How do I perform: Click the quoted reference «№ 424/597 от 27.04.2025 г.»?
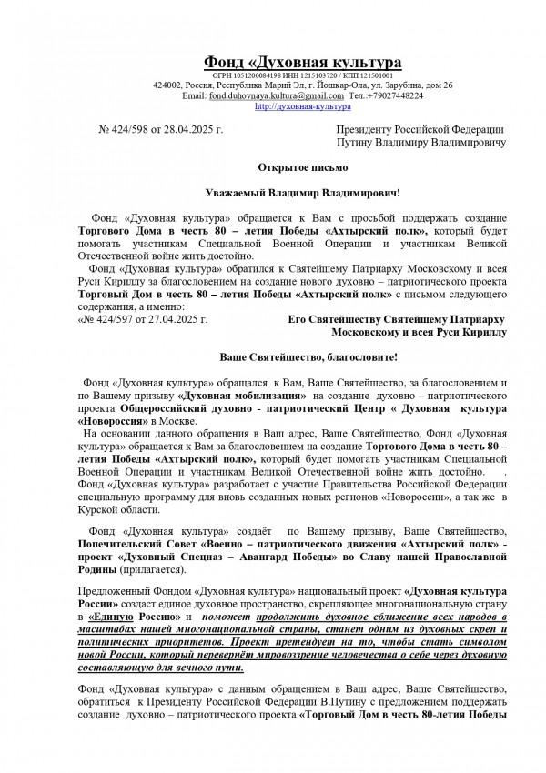144,321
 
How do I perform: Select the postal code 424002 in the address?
170,85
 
